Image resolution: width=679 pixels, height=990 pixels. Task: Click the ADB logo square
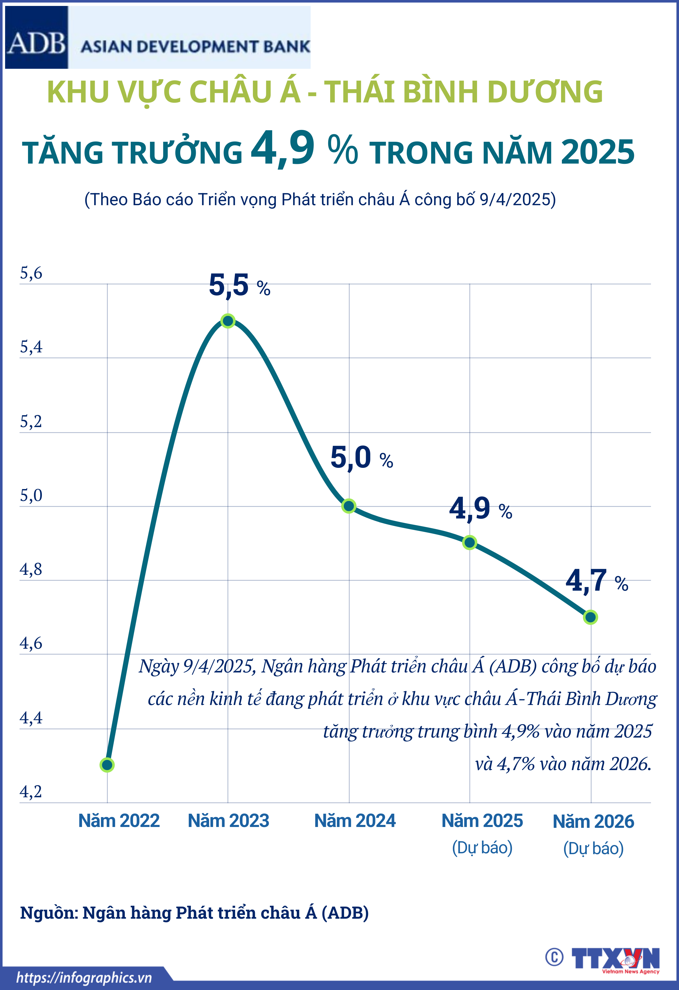pos(36,37)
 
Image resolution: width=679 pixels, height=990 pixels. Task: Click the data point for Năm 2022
pos(107,765)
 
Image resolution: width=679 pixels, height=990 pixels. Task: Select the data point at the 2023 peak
pos(228,321)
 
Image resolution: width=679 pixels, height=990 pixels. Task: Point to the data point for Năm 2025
pos(470,543)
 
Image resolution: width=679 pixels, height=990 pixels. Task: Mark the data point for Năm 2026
pos(590,617)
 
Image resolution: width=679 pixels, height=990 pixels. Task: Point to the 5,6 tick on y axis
pos(31,273)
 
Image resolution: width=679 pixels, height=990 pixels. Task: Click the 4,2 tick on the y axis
pos(31,792)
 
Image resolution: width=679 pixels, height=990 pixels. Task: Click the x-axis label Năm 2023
pos(229,821)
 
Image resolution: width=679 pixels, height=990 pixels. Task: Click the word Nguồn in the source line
pos(49,912)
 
